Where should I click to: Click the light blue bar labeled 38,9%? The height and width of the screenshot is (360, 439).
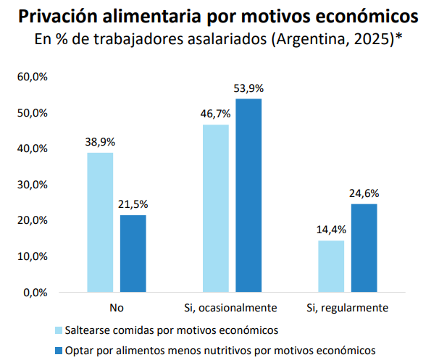100,222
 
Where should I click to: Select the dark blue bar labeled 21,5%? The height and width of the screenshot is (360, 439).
133,254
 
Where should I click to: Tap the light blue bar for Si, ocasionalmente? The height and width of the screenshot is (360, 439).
216,209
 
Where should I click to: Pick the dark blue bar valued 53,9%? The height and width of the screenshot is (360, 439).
248,196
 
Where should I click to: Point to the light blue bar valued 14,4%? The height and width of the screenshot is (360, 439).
332,266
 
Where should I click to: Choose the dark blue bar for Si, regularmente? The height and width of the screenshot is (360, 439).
364,248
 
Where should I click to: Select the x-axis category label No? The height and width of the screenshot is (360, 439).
116,308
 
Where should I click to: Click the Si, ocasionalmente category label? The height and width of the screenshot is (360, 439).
232,308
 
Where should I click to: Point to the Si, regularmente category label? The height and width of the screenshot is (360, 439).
348,308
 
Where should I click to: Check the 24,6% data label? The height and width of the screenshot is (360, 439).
364,193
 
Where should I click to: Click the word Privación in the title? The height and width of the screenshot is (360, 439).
61,15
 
